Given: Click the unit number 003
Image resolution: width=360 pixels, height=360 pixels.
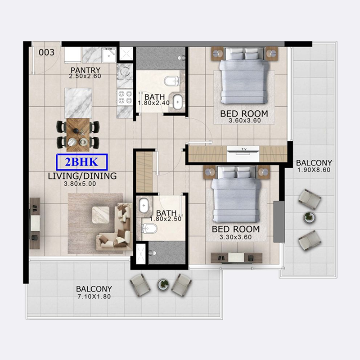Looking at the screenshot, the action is [x=47, y=52].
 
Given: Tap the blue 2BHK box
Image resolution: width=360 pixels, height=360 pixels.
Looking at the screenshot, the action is [x=82, y=162].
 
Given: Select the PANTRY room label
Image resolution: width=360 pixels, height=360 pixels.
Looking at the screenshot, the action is [x=85, y=70].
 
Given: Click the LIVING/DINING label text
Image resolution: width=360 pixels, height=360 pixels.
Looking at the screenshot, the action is [x=82, y=176].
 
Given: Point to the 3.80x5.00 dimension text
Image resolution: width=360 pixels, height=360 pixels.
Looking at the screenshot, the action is [x=80, y=184].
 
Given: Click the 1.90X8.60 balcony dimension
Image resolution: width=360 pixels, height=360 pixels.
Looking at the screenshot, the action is [x=314, y=170].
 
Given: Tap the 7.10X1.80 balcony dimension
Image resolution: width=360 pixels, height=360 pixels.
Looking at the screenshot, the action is [x=94, y=297].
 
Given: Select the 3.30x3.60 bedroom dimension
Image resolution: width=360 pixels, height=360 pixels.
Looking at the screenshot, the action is [x=235, y=237].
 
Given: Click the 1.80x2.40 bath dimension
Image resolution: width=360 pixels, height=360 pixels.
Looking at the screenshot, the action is [x=154, y=103].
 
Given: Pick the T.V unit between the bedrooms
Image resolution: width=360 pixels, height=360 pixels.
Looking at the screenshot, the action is [x=243, y=153].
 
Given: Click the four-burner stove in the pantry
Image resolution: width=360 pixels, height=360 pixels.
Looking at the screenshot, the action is [x=125, y=97].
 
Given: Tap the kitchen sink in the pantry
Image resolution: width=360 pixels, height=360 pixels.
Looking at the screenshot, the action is [x=109, y=55].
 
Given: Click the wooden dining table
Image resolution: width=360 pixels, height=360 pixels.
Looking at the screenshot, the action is [x=78, y=135].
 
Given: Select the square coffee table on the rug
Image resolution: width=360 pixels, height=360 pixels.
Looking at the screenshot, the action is [x=101, y=215].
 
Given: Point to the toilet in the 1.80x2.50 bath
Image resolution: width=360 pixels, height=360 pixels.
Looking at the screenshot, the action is [x=149, y=229].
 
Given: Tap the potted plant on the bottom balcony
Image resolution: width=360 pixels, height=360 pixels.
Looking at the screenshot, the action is [x=163, y=284].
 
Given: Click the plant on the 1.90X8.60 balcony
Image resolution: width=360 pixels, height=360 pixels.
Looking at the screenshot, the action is [x=309, y=217].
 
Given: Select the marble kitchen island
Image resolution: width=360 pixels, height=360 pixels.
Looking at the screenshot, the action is [x=78, y=103].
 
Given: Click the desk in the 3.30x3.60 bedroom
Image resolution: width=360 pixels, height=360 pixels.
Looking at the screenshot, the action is [x=237, y=258].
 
